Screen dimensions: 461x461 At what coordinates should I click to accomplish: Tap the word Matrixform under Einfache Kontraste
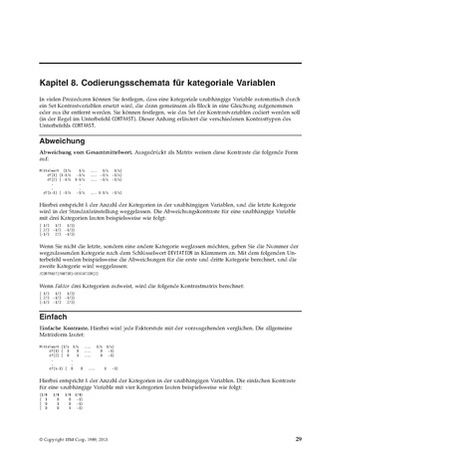pos(59,337)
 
